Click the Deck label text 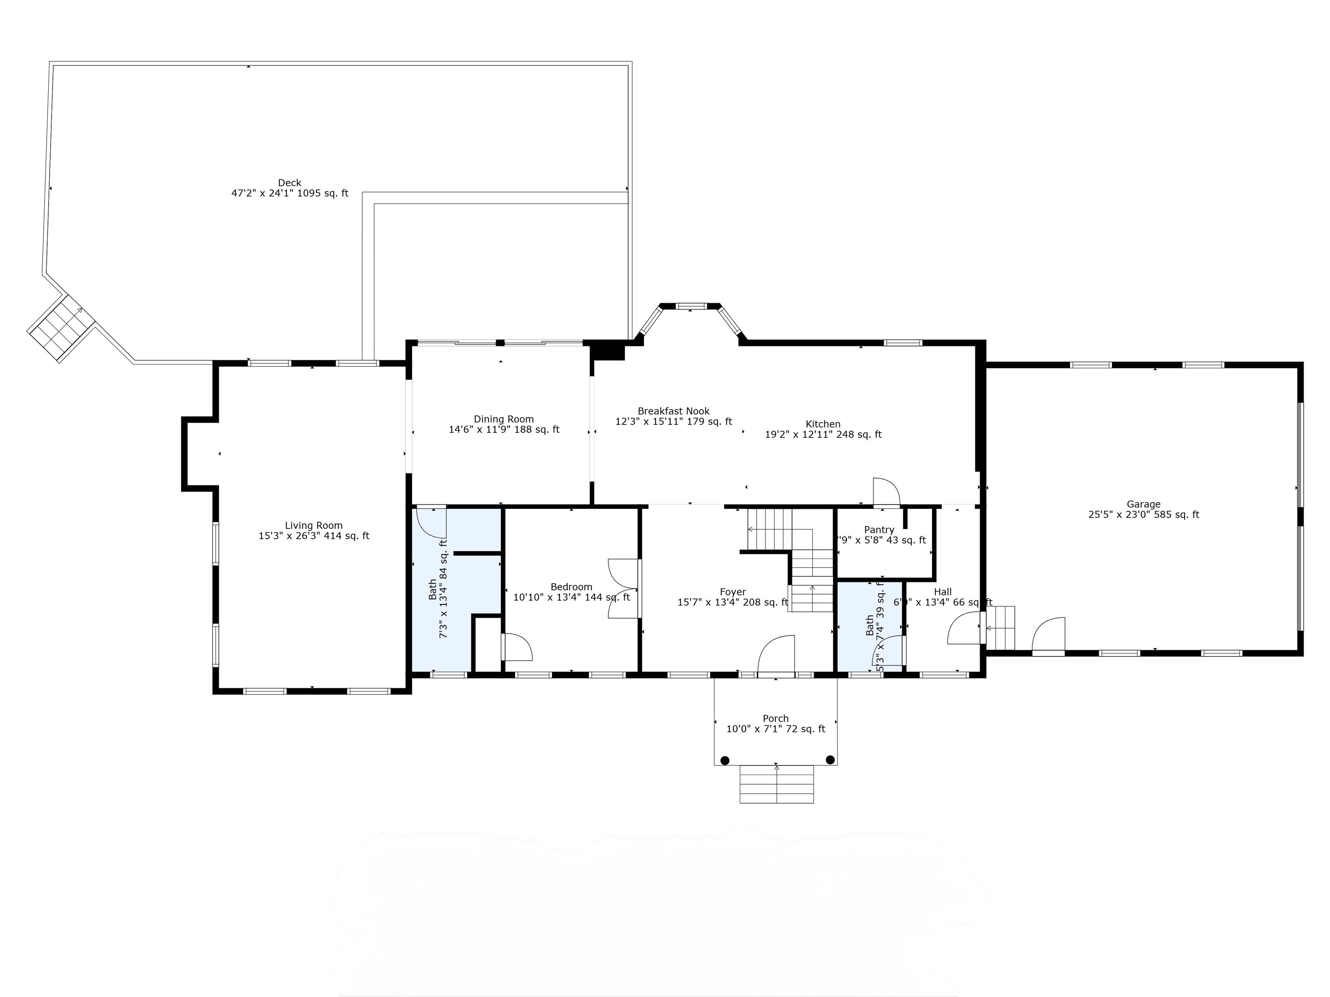(289, 183)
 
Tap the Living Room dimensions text (314, 536)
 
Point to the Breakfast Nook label (673, 411)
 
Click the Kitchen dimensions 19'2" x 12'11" (823, 434)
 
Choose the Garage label (1143, 504)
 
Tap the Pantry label (879, 530)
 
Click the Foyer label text (733, 592)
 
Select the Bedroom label (571, 586)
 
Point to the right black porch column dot (830, 759)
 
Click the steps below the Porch (776, 784)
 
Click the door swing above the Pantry (886, 492)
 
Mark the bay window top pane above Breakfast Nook (690, 306)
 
